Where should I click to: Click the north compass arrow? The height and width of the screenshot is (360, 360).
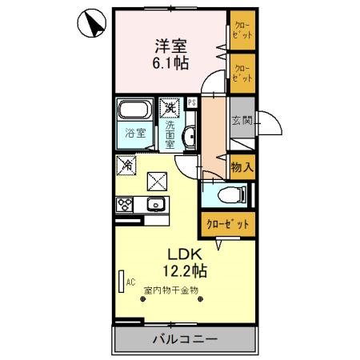93,23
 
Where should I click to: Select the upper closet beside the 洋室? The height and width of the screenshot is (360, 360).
241,33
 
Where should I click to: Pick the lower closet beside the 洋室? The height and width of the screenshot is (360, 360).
241,72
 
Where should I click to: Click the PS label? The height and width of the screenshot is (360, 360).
192,102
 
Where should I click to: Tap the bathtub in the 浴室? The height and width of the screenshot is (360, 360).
135,111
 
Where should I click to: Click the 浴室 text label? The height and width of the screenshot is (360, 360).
135,133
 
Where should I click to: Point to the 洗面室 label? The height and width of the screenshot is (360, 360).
170,133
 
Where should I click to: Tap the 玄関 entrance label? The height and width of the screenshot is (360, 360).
242,122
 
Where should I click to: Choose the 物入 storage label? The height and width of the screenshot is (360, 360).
242,167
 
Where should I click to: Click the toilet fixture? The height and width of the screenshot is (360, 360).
233,194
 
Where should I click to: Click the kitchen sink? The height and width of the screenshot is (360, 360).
158,206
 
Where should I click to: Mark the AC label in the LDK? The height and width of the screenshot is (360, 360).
128,282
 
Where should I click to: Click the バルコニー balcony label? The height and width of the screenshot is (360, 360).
185,339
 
